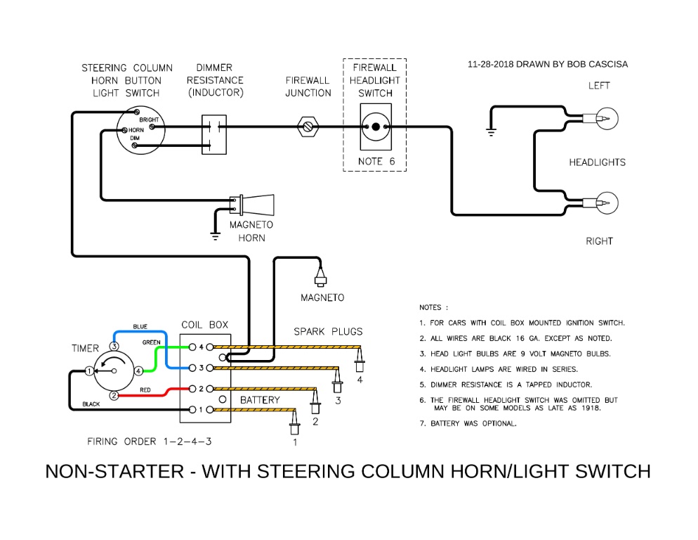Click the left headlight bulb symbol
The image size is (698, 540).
pyautogui.click(x=606, y=119)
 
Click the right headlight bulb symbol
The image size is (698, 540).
pyautogui.click(x=606, y=204)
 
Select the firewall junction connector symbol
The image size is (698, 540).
pyautogui.click(x=308, y=127)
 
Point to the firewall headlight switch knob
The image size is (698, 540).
pyautogui.click(x=375, y=127)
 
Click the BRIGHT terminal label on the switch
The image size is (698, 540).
pyautogui.click(x=148, y=120)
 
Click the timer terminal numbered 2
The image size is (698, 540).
pyautogui.click(x=112, y=396)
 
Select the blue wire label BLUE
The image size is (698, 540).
pyautogui.click(x=140, y=327)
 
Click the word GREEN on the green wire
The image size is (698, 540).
pyautogui.click(x=152, y=342)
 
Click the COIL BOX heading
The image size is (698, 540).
pyautogui.click(x=204, y=325)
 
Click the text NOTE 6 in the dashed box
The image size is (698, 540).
pyautogui.click(x=376, y=161)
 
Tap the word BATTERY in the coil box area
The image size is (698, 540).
pyautogui.click(x=260, y=400)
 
